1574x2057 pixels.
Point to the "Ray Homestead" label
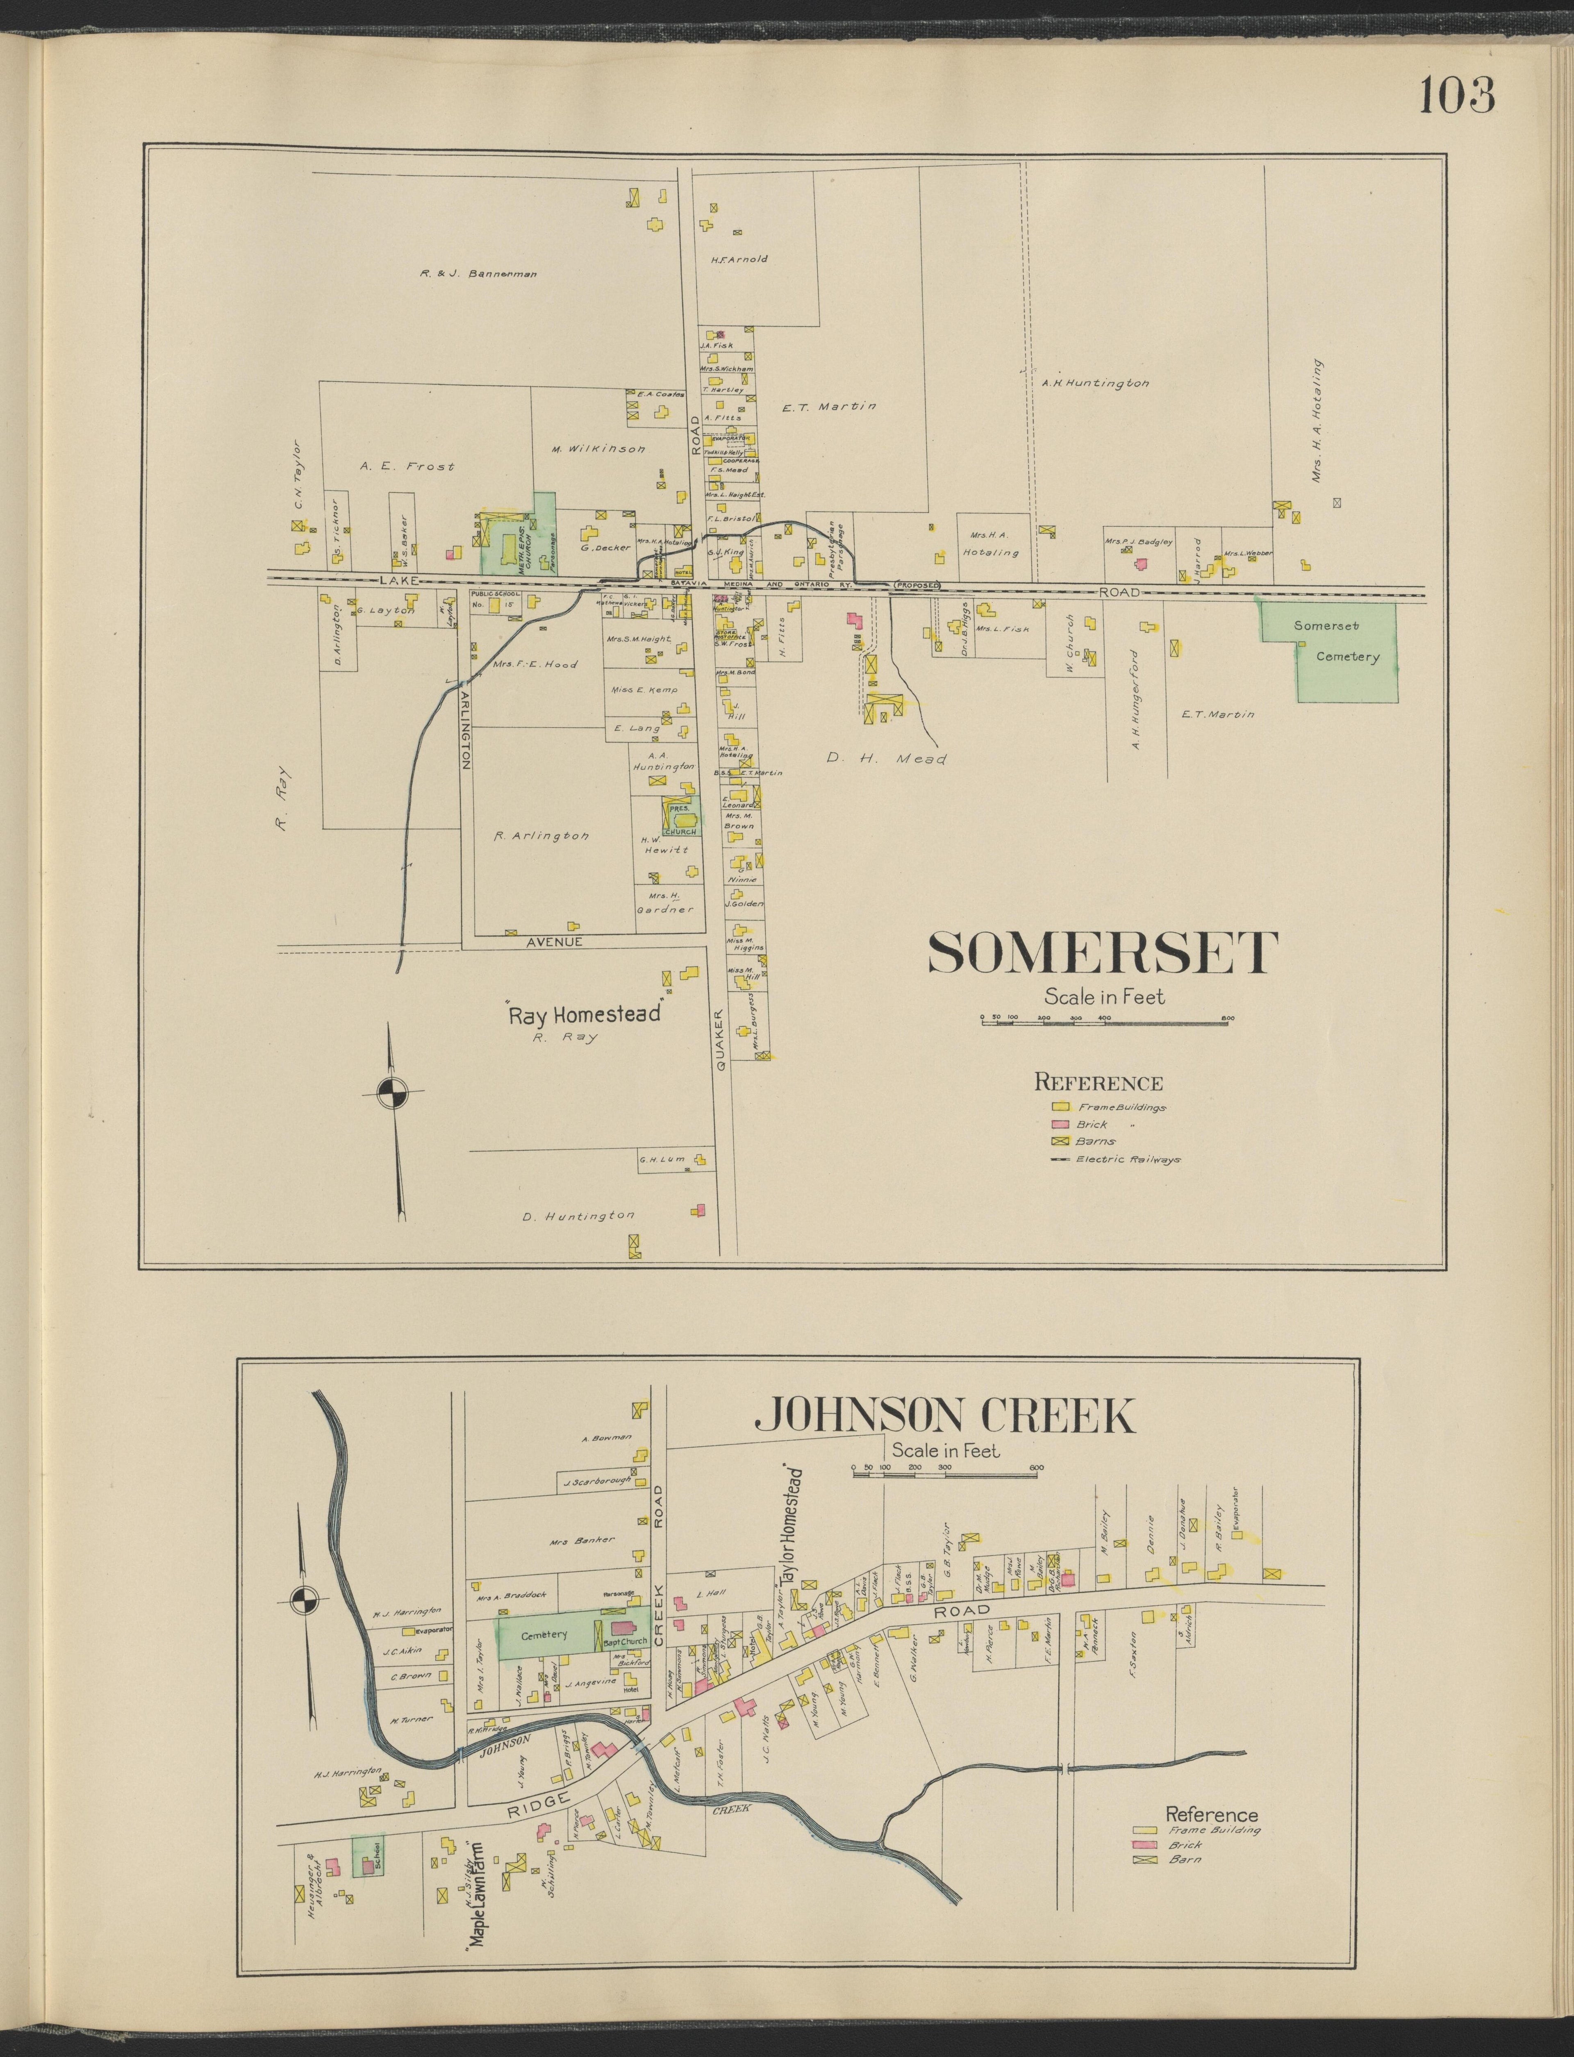[x=585, y=1014]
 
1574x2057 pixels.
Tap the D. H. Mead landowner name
[x=886, y=759]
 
